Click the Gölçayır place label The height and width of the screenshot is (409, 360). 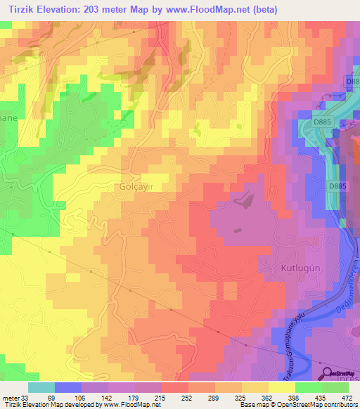click(x=131, y=188)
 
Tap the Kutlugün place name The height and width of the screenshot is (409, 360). click(x=295, y=269)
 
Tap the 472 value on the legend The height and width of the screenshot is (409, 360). click(x=347, y=398)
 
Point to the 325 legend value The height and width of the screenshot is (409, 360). click(x=241, y=398)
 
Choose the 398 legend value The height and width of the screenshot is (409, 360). click(x=295, y=398)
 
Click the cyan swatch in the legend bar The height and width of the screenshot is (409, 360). click(x=41, y=387)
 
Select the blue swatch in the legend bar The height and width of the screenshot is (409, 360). click(x=68, y=387)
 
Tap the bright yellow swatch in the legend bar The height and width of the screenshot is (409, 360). click(x=281, y=387)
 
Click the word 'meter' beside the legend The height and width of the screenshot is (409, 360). click(x=9, y=398)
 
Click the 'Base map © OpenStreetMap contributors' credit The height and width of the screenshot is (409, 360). click(x=297, y=405)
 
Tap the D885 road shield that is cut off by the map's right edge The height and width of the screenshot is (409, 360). click(x=353, y=82)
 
